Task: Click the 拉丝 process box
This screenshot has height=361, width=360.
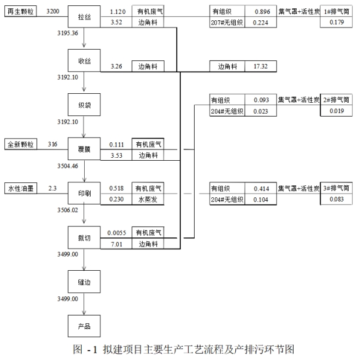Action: coord(83,17)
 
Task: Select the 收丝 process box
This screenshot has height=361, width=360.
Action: coord(83,60)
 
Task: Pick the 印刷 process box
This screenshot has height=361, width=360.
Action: coord(83,193)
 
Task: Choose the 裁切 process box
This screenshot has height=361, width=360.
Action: coord(83,237)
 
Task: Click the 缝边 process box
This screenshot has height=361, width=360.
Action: coord(83,281)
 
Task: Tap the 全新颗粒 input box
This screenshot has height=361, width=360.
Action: coord(21,144)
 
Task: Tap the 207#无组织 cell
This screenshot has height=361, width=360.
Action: coord(226,23)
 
